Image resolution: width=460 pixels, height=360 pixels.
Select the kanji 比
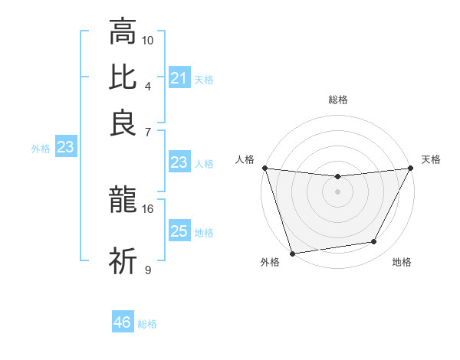tap(123, 77)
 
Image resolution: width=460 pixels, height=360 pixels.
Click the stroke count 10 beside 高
tap(148, 39)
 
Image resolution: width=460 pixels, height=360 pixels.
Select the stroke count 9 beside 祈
tap(148, 269)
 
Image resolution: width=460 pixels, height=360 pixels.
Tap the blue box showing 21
tap(179, 78)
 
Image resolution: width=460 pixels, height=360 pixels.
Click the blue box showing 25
tap(179, 232)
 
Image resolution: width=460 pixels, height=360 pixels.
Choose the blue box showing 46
tap(123, 322)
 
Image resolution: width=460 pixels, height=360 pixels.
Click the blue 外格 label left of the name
tap(41, 149)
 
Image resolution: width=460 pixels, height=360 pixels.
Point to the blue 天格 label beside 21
tap(204, 79)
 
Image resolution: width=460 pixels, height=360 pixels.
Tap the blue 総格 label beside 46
tap(147, 323)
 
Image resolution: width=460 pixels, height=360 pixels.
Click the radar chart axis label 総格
tap(338, 100)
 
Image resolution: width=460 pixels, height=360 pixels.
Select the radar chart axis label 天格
tap(431, 159)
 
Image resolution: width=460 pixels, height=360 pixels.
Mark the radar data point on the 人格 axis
tap(264, 168)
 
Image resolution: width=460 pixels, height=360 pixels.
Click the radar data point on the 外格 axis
tap(292, 253)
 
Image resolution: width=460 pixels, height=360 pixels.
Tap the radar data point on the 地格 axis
tap(374, 242)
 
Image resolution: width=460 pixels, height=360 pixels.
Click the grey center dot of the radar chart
tap(337, 191)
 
